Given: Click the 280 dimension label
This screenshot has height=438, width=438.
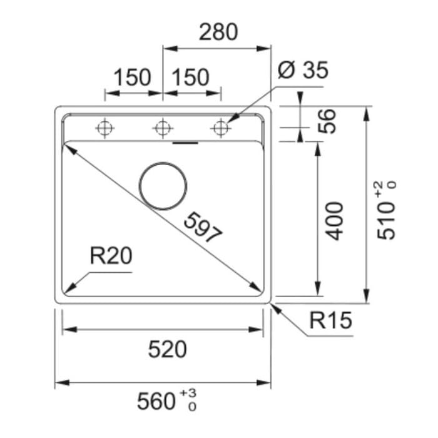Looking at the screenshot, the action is click(x=218, y=32).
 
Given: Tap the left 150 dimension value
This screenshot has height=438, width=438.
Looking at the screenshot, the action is click(x=133, y=78).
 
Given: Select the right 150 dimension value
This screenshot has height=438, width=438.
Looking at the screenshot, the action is click(x=190, y=78).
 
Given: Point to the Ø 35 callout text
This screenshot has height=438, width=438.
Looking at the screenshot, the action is click(x=303, y=70).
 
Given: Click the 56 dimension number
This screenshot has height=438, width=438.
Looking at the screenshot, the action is click(x=327, y=121).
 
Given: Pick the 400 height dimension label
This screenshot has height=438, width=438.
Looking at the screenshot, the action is click(x=335, y=221).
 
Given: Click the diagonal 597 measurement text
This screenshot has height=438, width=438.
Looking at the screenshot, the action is click(x=203, y=227).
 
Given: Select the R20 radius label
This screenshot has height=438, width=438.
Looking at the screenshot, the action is click(x=111, y=256).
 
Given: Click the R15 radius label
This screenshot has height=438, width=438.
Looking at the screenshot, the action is click(x=331, y=320).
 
